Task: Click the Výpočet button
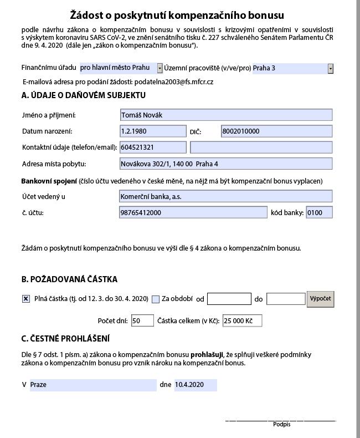pos(321,298)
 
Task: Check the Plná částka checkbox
pos(26,299)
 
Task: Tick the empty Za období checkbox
pos(156,299)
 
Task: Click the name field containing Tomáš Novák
pos(225,115)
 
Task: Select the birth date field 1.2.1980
pos(153,131)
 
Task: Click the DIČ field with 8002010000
pos(276,131)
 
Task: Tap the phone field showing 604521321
pos(153,147)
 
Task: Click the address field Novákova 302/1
pos(225,164)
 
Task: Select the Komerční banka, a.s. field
pos(225,196)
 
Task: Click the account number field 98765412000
pos(193,213)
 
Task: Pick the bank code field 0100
pos(318,213)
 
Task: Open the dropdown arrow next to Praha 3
pos(331,68)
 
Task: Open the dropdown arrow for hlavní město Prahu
pos(160,68)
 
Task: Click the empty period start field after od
pos(229,299)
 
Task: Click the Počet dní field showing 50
pos(142,320)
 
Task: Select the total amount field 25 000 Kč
pos(241,320)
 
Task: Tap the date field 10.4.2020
pos(195,385)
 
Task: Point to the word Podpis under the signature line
pos(281,425)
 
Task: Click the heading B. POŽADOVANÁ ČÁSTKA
pos(69,279)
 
